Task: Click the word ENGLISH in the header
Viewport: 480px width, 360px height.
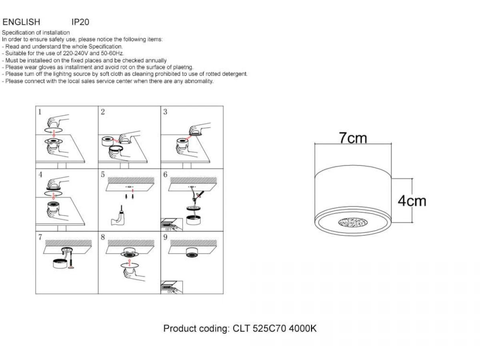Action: tap(21, 22)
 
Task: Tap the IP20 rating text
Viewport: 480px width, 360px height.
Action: tap(80, 22)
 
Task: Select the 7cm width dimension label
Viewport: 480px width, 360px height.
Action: tap(353, 138)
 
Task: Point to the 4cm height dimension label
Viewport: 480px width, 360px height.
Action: tap(412, 201)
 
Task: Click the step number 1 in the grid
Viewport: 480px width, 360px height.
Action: tap(40, 112)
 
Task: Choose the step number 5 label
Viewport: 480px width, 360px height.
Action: tap(103, 174)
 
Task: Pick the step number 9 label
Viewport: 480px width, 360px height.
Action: tap(165, 237)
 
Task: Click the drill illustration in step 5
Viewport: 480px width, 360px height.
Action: tap(118, 216)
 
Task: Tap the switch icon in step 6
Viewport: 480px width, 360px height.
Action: tap(172, 224)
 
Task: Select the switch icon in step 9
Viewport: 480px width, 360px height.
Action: tap(172, 287)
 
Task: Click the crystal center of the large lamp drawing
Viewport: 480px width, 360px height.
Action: tap(353, 222)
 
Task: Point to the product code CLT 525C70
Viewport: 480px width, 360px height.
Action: tap(259, 328)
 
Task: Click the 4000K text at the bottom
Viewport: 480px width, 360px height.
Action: tap(303, 328)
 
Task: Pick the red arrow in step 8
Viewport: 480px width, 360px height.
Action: tap(130, 262)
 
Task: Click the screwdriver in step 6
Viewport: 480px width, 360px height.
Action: tap(200, 194)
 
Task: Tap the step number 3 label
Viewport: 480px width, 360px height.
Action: tap(165, 112)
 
